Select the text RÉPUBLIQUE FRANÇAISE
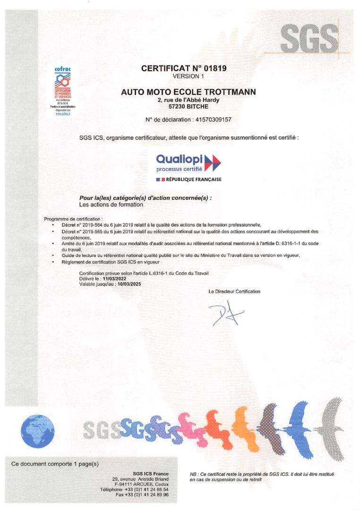(x=194, y=180)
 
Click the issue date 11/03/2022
(x=111, y=279)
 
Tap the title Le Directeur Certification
(x=234, y=291)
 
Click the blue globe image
(x=38, y=432)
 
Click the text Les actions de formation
(x=111, y=205)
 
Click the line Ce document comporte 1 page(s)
(x=55, y=464)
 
